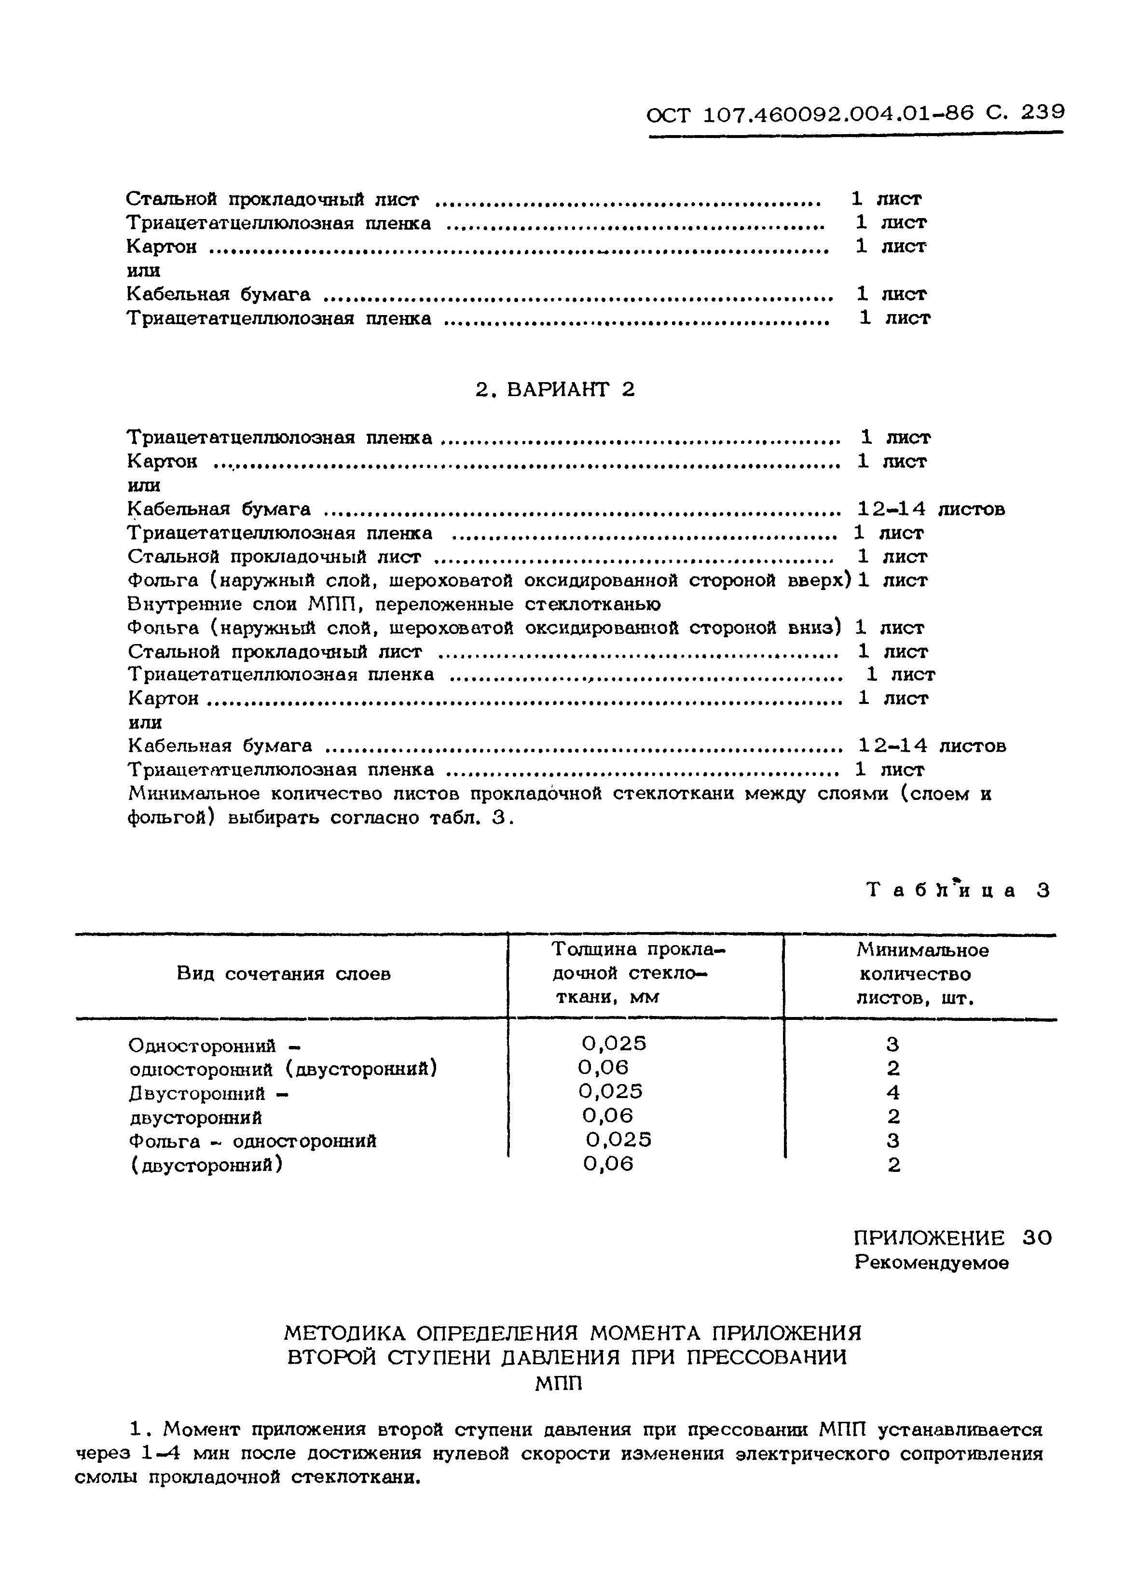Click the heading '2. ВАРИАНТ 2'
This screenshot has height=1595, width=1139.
(555, 390)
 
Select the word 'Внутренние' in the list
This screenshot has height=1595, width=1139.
(178, 604)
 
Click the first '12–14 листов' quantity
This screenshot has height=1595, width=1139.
(931, 509)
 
